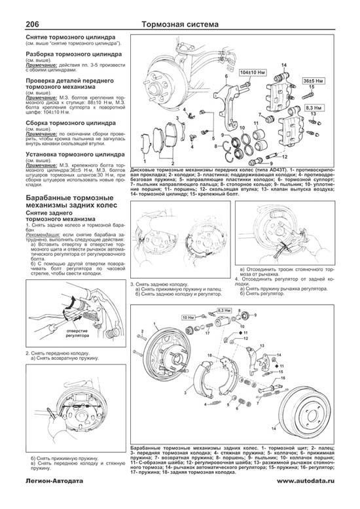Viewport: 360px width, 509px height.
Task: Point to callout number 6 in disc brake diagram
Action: [225, 77]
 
